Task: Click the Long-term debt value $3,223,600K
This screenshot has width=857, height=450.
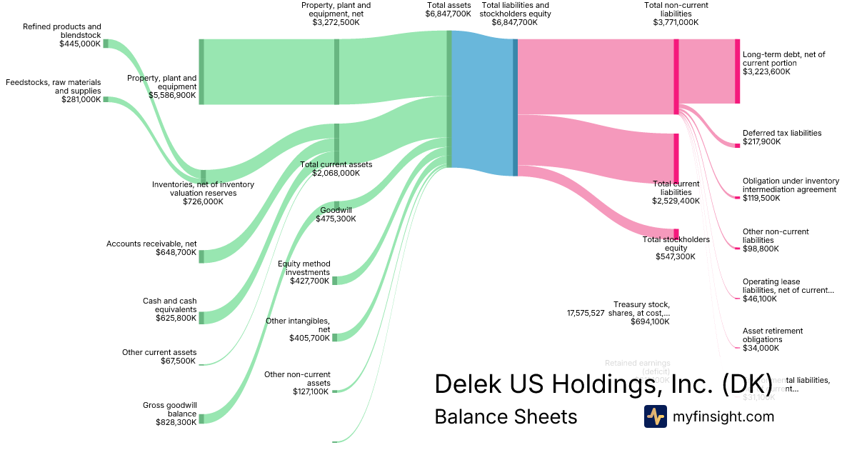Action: (x=766, y=71)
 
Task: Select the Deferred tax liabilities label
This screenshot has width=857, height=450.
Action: (x=782, y=133)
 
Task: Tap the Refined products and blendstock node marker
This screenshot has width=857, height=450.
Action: (x=106, y=44)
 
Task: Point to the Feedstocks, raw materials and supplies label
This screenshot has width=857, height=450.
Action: (x=54, y=86)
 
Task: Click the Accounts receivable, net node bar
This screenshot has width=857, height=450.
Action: (x=201, y=256)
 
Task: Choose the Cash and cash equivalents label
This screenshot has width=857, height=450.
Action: (x=169, y=305)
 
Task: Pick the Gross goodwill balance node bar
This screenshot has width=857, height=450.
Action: (x=201, y=419)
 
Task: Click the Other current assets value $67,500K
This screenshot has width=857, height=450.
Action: (x=179, y=361)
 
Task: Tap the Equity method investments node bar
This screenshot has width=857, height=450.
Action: (x=334, y=280)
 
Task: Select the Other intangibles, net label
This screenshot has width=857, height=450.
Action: (x=298, y=325)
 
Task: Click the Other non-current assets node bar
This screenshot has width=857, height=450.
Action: (x=334, y=391)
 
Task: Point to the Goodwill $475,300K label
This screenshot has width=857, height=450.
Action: (x=338, y=214)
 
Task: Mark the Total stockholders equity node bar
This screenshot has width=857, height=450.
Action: (x=676, y=233)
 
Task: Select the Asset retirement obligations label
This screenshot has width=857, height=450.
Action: (x=773, y=335)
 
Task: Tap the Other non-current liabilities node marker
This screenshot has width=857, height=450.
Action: (x=737, y=248)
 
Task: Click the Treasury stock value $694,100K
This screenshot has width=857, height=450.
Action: (x=650, y=321)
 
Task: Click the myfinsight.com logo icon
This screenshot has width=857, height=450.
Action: (x=655, y=416)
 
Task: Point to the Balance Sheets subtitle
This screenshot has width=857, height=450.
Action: (x=506, y=416)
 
